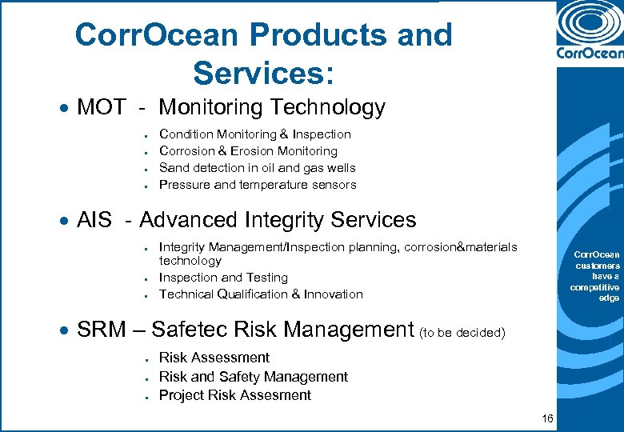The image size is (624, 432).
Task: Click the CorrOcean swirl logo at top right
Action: pyautogui.click(x=590, y=26)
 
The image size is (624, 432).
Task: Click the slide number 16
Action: pyautogui.click(x=547, y=418)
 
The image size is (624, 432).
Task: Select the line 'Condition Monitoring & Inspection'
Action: pyautogui.click(x=255, y=134)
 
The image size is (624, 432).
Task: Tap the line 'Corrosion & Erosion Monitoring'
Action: pyautogui.click(x=248, y=151)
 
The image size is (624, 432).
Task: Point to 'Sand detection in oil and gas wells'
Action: pyautogui.click(x=258, y=168)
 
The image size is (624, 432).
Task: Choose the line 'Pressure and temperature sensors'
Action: pyautogui.click(x=258, y=185)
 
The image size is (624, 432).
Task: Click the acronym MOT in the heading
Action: pyautogui.click(x=101, y=107)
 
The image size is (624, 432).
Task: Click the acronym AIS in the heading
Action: pyautogui.click(x=94, y=220)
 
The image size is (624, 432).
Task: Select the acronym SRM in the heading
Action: pyautogui.click(x=100, y=329)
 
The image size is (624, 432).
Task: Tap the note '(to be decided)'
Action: pyautogui.click(x=462, y=332)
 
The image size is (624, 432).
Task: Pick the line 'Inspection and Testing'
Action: pyautogui.click(x=223, y=278)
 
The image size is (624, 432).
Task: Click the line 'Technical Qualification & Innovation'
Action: pyautogui.click(x=261, y=294)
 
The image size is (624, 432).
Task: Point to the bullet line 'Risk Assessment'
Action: pyautogui.click(x=214, y=358)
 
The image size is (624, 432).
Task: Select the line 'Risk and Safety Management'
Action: pyautogui.click(x=254, y=376)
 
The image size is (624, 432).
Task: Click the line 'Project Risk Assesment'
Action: pyautogui.click(x=234, y=395)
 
